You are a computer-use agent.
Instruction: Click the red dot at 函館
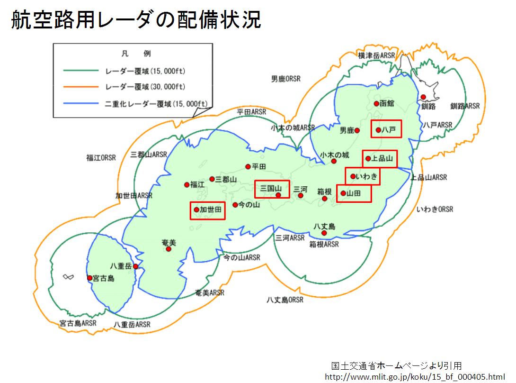(x=376, y=103)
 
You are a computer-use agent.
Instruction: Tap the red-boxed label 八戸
(x=386, y=129)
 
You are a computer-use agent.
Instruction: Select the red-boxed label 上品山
(x=380, y=159)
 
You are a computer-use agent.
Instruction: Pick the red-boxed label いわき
(x=363, y=176)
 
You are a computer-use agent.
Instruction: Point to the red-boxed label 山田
(x=354, y=193)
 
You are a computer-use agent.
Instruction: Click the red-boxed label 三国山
(x=272, y=189)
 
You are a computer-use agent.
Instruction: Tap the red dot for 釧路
(x=423, y=97)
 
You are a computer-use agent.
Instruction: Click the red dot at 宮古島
(x=89, y=278)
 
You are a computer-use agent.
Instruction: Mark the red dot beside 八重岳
(x=136, y=266)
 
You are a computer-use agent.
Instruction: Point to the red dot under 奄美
(x=169, y=249)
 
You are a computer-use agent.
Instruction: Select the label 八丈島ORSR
(x=285, y=300)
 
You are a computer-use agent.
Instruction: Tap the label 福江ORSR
(x=101, y=158)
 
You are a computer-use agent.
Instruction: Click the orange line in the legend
(x=81, y=87)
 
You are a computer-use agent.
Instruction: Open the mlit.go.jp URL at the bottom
(x=415, y=376)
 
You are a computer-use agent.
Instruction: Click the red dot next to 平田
(x=248, y=166)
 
